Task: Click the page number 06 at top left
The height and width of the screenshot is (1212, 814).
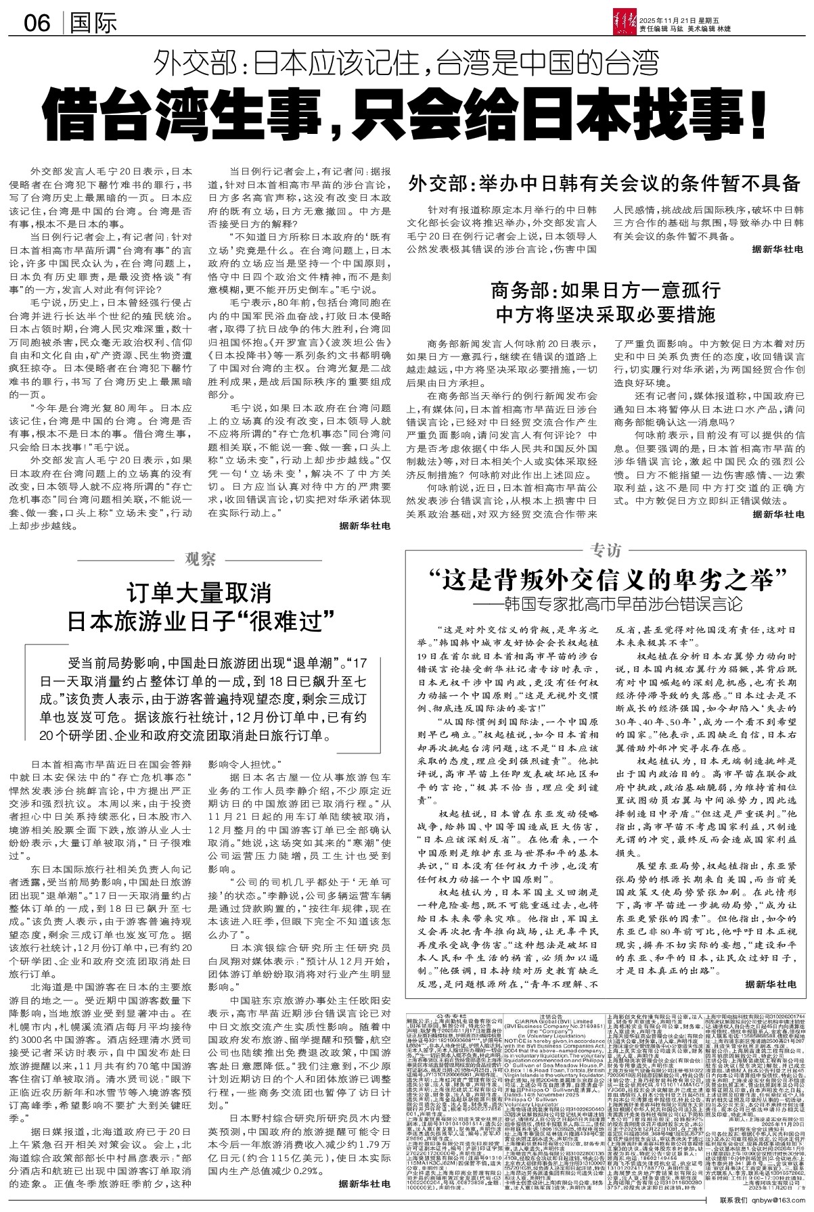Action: [37, 24]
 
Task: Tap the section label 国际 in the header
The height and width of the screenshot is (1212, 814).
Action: [93, 24]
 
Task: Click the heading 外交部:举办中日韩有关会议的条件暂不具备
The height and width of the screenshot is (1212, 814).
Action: [604, 183]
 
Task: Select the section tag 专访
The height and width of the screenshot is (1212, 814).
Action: [605, 551]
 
